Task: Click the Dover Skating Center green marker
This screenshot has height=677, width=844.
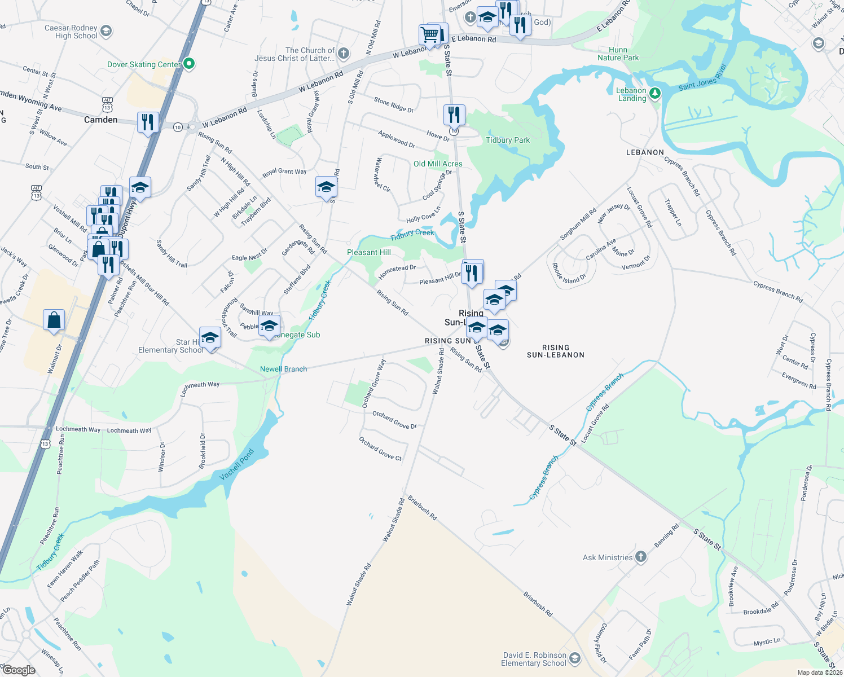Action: (190, 64)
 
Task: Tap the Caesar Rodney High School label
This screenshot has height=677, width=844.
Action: (71, 32)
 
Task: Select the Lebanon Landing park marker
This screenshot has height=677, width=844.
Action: (654, 93)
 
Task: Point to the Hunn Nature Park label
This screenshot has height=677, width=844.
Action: (618, 54)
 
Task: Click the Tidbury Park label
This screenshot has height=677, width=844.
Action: (508, 140)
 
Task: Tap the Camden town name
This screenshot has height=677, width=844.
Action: (101, 120)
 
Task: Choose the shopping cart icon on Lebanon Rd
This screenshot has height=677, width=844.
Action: (430, 35)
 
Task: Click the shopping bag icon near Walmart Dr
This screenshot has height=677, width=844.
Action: (54, 320)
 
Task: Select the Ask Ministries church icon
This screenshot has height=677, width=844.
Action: (640, 557)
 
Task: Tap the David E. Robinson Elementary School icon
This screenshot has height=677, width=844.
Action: (574, 658)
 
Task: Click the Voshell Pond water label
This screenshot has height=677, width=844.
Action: (236, 465)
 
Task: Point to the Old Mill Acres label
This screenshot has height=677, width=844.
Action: (438, 164)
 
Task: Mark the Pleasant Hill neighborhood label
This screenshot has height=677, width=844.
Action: (369, 252)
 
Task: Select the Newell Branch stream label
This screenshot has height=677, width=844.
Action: (283, 369)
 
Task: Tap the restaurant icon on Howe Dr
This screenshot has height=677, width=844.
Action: (454, 115)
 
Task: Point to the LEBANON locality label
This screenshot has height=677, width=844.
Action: (645, 152)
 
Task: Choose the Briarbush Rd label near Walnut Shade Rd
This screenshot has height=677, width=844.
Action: (422, 507)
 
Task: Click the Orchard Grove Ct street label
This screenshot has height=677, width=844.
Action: (380, 449)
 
